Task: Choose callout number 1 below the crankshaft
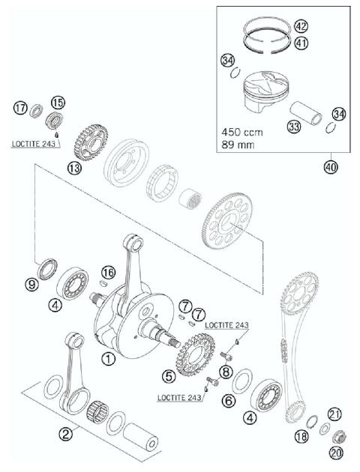pos(109,359)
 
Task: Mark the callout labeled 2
pos(66,432)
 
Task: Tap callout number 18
pos(302,436)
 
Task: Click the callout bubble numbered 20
pos(334,452)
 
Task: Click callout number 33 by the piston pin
pos(295,127)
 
